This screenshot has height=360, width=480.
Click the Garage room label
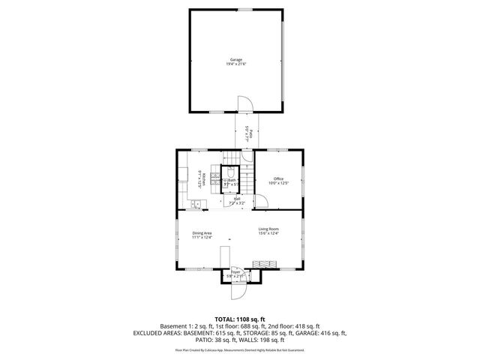pyautogui.click(x=235, y=58)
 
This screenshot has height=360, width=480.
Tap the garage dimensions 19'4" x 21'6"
pyautogui.click(x=235, y=64)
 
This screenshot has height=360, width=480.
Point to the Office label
pyautogui.click(x=278, y=178)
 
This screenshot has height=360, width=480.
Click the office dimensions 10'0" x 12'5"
pyautogui.click(x=278, y=183)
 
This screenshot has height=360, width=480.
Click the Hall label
pyautogui.click(x=235, y=199)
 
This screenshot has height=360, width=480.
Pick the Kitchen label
pyautogui.click(x=202, y=179)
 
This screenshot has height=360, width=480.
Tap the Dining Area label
pyautogui.click(x=202, y=232)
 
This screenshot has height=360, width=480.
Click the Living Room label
pyautogui.click(x=268, y=229)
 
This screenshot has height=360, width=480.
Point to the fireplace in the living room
pyautogui.click(x=265, y=264)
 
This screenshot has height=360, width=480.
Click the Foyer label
pyautogui.click(x=235, y=272)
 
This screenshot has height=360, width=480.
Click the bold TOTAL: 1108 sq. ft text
pyautogui.click(x=239, y=319)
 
